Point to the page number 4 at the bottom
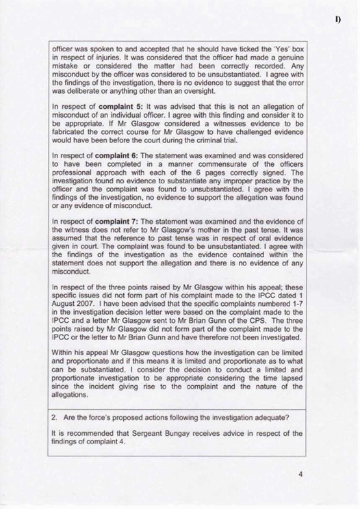pos(300,473)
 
